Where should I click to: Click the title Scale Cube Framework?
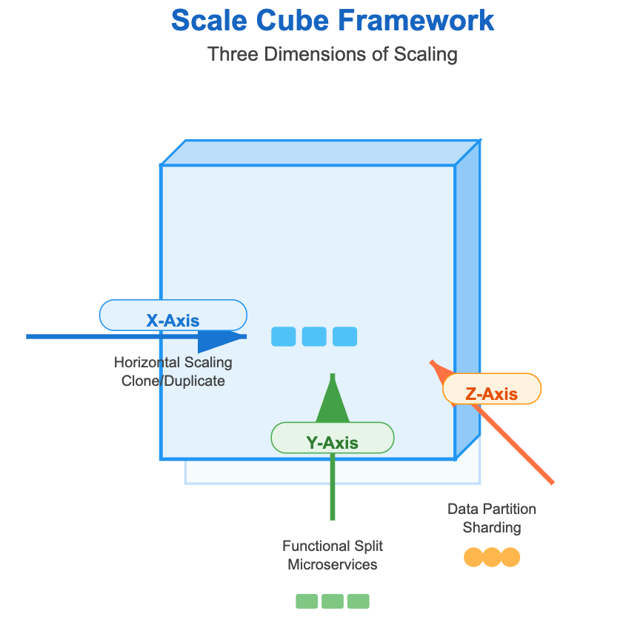tap(333, 20)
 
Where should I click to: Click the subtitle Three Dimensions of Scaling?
tap(333, 55)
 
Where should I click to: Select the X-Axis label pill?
tap(173, 315)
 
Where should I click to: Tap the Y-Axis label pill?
tap(332, 438)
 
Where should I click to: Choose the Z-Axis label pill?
tap(492, 389)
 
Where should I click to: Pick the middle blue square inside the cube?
tap(314, 337)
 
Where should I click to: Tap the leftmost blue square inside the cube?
tap(284, 337)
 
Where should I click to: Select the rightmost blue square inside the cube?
tap(344, 337)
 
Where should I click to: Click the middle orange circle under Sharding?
tap(492, 557)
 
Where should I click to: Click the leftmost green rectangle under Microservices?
tap(307, 601)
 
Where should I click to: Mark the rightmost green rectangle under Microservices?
tap(359, 601)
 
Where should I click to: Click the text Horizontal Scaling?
tap(173, 363)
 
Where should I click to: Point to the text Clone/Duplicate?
tap(173, 381)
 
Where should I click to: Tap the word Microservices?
tap(332, 565)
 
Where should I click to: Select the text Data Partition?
tap(492, 510)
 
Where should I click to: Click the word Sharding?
tap(492, 528)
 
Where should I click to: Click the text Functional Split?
tap(332, 547)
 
